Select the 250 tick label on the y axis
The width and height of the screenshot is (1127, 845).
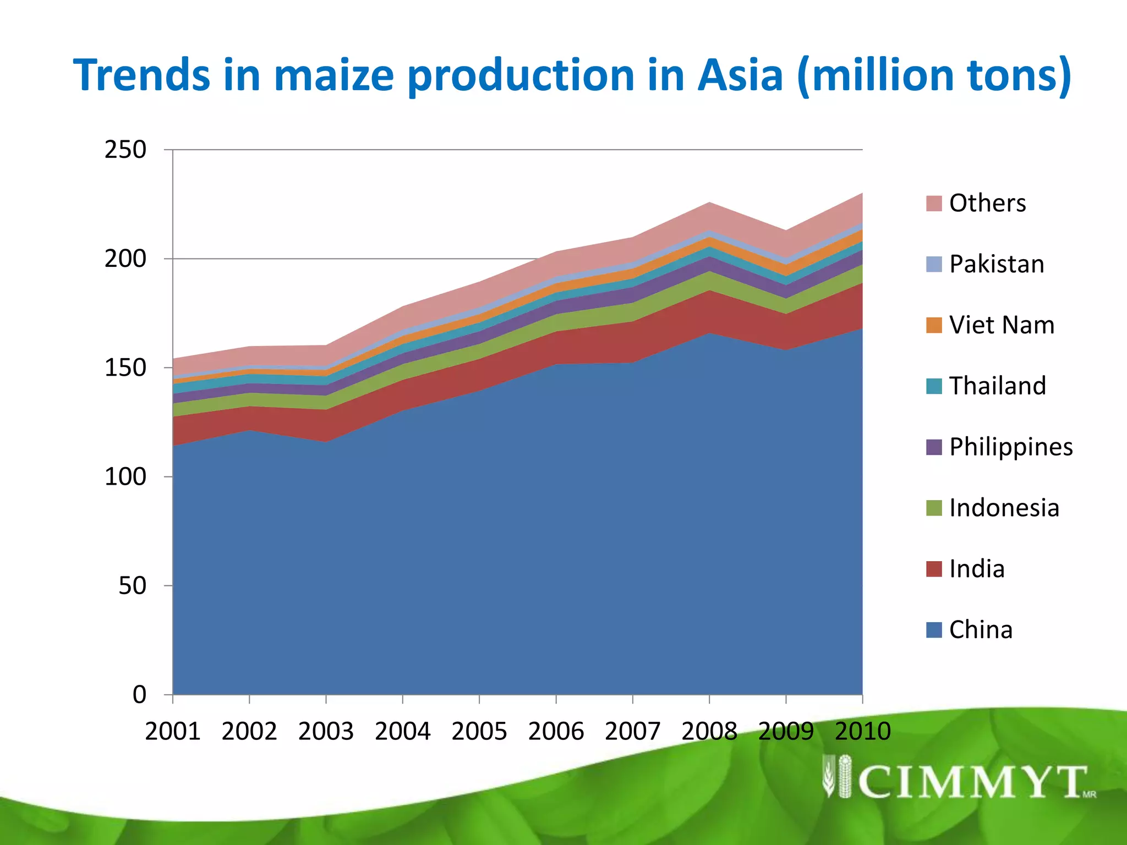coord(125,150)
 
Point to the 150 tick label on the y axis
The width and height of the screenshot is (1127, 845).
coord(125,367)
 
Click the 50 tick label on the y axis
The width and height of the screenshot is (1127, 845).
coord(133,585)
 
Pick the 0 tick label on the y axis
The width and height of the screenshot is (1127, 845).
coord(140,694)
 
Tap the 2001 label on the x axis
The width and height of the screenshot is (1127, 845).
coord(173,731)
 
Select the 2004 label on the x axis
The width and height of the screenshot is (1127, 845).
coord(403,731)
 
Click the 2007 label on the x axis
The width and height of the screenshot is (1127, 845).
coord(633,731)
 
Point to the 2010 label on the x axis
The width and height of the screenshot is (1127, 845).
coord(862,731)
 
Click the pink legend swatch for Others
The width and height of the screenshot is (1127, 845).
coord(934,203)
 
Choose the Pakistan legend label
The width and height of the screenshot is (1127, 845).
coord(997,264)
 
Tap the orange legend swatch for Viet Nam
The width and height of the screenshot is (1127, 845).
coord(934,325)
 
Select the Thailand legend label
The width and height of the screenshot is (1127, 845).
coord(998,386)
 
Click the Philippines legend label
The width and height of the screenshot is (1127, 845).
coord(1011,447)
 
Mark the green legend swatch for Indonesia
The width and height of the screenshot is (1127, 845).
coord(934,508)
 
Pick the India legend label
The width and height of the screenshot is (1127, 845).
coord(977,569)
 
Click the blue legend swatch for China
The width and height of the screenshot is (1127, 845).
coord(934,629)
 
